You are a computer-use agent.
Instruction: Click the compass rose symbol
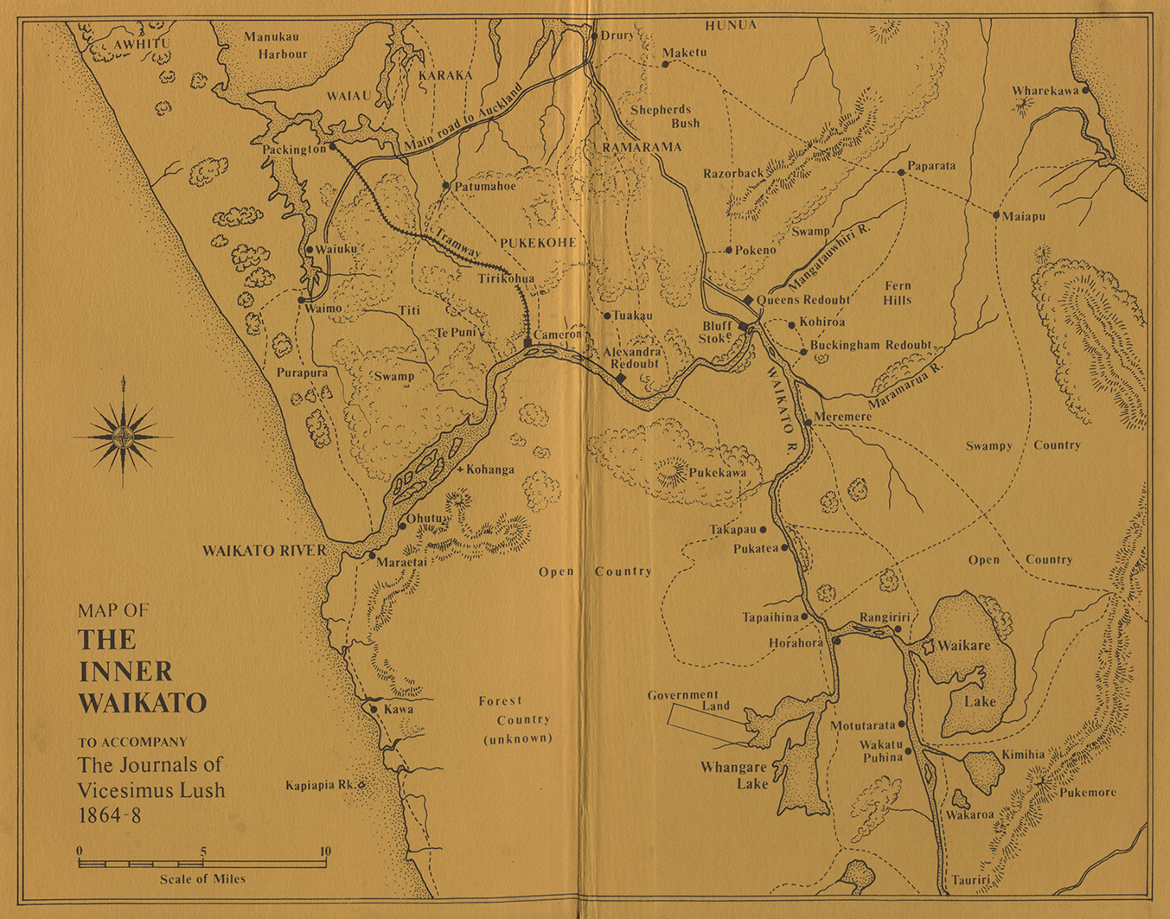[125, 436]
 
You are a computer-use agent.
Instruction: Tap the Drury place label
[617, 35]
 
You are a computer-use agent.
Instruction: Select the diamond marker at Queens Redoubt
[748, 300]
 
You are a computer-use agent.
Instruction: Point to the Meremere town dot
[808, 423]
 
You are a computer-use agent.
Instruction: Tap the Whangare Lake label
[733, 775]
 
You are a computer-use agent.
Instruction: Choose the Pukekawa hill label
[717, 474]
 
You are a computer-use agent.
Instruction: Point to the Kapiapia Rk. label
[320, 786]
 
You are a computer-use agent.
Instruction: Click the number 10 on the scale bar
[325, 852]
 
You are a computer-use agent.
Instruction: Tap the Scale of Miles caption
[202, 879]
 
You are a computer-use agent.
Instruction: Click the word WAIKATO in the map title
[143, 702]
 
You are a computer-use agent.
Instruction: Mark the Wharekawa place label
[1045, 91]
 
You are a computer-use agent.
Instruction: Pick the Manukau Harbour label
[275, 45]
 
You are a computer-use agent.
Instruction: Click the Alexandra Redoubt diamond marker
[621, 378]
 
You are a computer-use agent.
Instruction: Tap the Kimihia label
[1023, 755]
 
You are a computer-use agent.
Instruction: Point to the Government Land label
[683, 700]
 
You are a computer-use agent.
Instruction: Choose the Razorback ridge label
[732, 173]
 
